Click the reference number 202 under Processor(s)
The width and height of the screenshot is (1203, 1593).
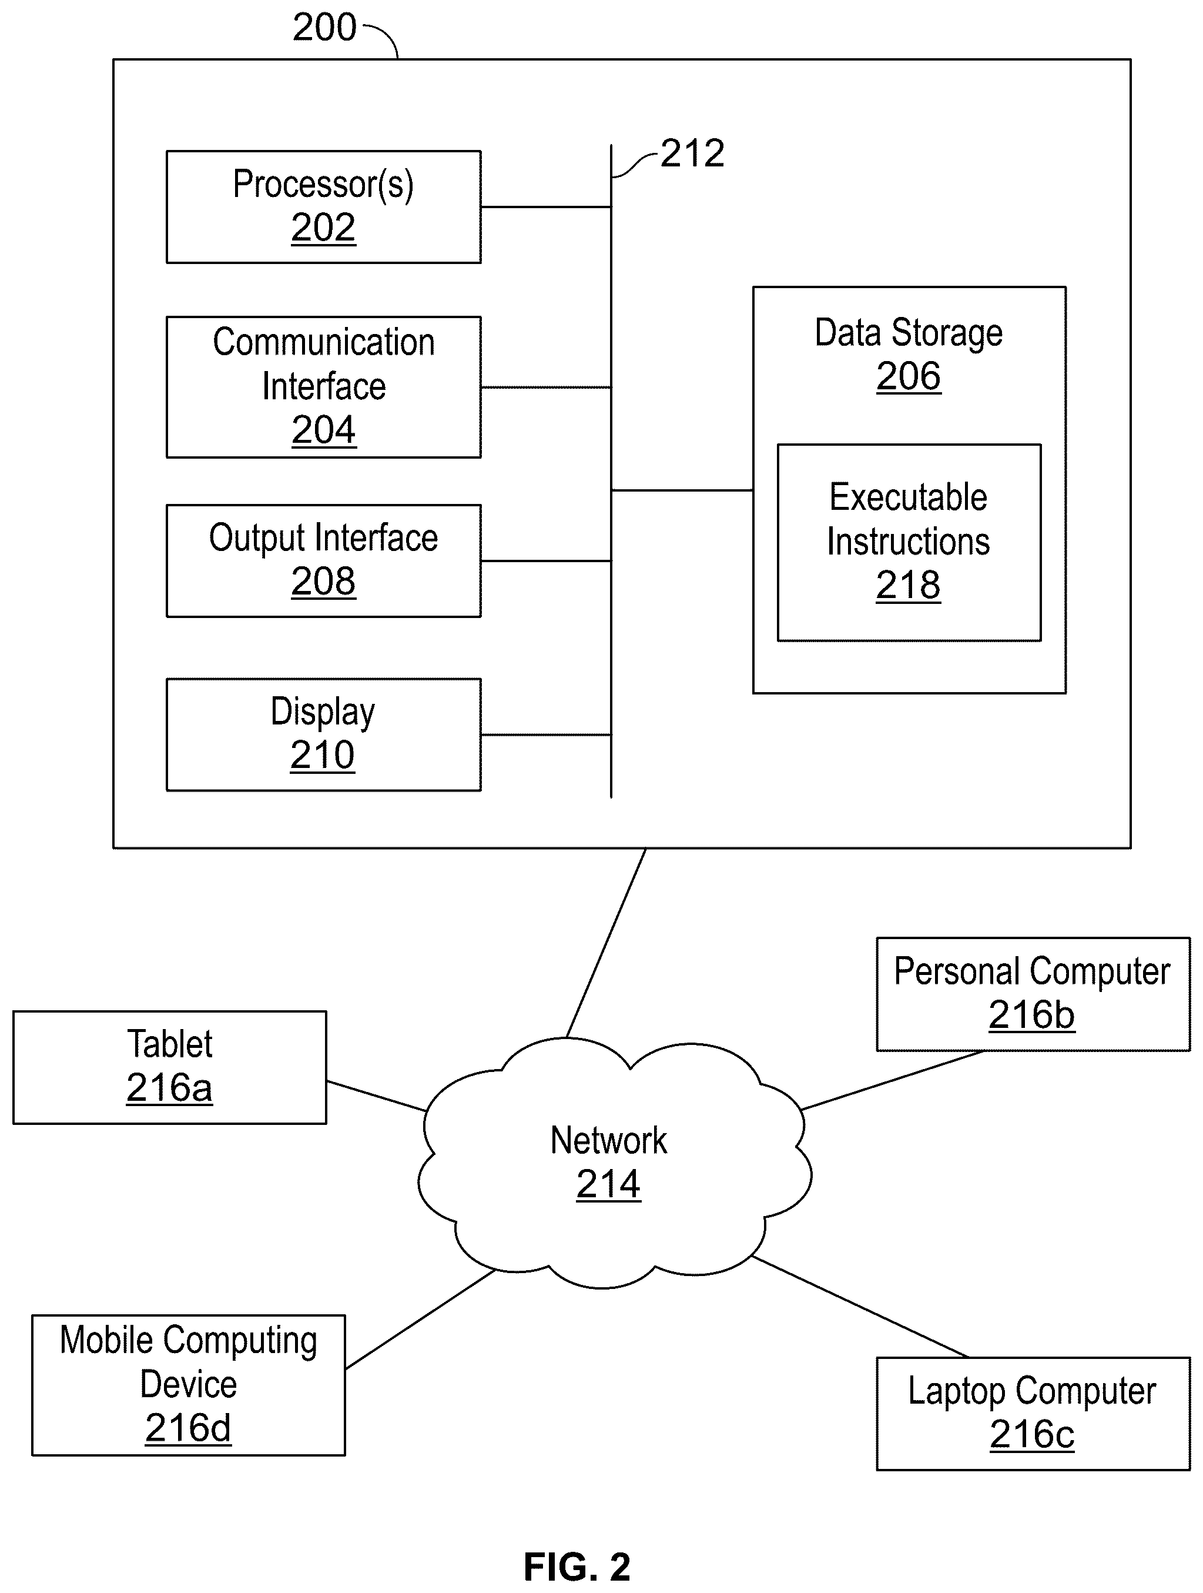[x=323, y=228]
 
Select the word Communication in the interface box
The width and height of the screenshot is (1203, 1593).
[x=323, y=342]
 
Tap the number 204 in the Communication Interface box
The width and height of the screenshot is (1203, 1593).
[x=323, y=430]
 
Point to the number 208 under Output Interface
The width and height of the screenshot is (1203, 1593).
[x=323, y=581]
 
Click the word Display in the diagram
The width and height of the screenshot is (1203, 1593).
[x=323, y=712]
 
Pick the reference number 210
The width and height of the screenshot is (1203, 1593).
[x=323, y=754]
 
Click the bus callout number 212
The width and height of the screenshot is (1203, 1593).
[x=692, y=153]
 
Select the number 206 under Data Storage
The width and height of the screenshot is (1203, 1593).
[x=909, y=376]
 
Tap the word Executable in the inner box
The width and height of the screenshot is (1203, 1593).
[x=909, y=497]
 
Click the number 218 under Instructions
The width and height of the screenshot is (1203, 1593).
[x=909, y=585]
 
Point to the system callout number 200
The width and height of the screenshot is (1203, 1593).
[x=324, y=28]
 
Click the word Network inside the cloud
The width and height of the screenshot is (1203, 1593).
[x=608, y=1141]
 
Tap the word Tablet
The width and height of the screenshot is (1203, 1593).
[x=170, y=1044]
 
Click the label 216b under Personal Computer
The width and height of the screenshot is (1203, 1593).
[x=1031, y=1015]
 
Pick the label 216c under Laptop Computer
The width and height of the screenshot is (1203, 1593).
[x=1031, y=1435]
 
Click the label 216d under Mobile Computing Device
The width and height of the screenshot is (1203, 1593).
[x=188, y=1428]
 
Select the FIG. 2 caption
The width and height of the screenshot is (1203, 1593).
[x=577, y=1567]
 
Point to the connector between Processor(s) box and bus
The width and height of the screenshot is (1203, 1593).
[x=546, y=208]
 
